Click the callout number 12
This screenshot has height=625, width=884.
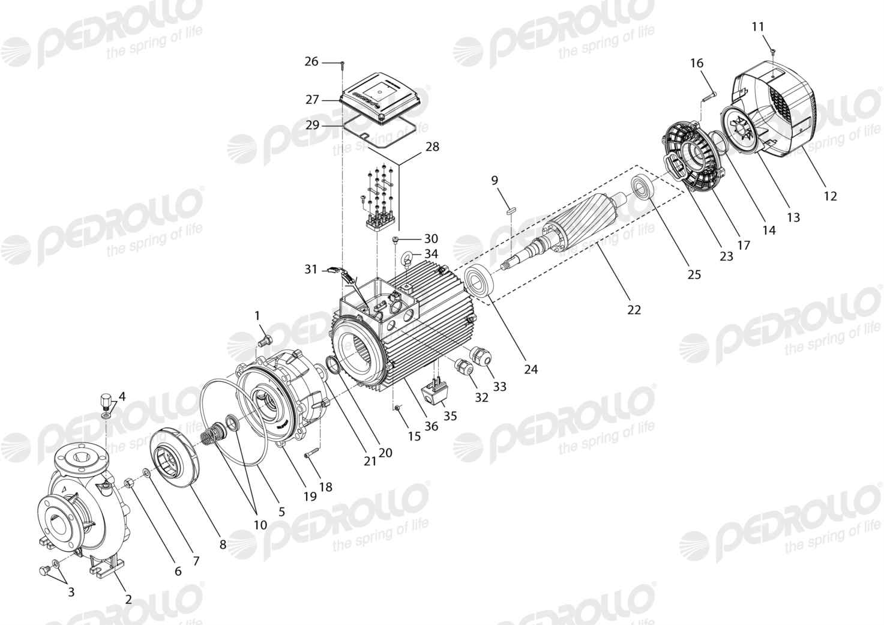click(831, 196)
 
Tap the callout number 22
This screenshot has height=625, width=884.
click(634, 310)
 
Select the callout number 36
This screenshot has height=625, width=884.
click(431, 426)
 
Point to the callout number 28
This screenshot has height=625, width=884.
click(433, 147)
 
